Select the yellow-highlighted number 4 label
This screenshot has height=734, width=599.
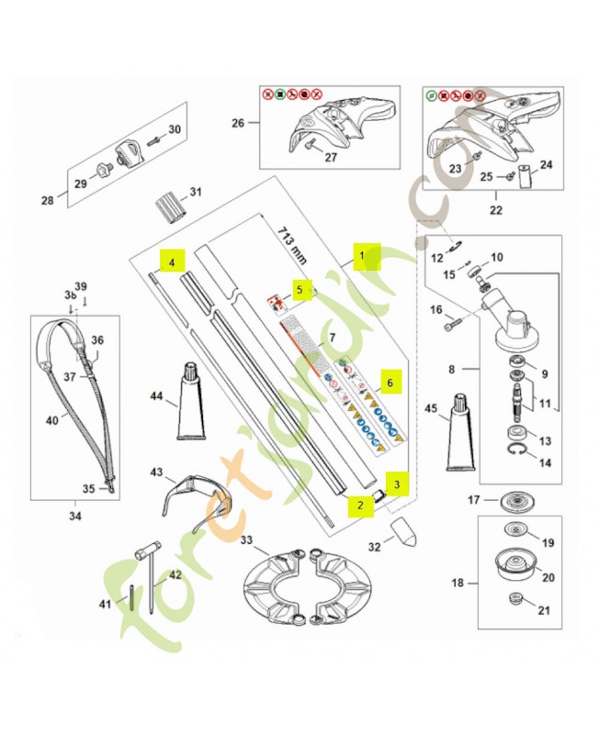[x=171, y=261]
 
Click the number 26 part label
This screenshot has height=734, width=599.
[x=238, y=122]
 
